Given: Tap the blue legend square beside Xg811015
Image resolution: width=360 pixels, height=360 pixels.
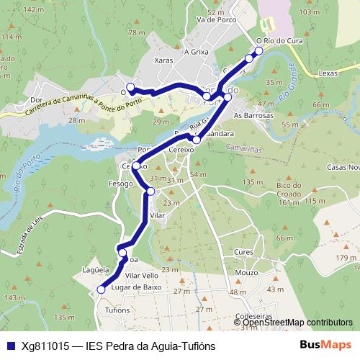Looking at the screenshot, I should coord(11,346).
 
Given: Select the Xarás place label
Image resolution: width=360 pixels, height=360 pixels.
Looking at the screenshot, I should coord(164,61).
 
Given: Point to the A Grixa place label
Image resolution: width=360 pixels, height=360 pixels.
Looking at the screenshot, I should coord(196,52).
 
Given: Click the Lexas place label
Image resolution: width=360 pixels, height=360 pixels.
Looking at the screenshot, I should coord(327,73).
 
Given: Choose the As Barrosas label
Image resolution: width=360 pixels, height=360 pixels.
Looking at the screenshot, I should coord(254,115).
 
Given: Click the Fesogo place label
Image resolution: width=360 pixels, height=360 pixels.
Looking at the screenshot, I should coord(121,184).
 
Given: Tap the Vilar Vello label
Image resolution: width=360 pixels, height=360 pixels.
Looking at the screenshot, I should coord(141,276).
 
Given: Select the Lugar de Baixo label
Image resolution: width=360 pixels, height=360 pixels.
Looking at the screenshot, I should coord(140,287).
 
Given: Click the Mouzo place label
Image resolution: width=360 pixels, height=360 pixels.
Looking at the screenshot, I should coord(246,274).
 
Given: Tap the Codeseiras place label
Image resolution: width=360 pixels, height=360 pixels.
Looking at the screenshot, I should coord(253,315).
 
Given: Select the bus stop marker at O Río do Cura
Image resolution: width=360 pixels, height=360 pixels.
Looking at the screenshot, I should coord(259,51).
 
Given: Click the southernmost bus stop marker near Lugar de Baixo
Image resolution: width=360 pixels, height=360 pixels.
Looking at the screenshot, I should coord(101,289).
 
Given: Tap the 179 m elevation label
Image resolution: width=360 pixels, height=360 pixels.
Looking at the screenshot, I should coord(346,258).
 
